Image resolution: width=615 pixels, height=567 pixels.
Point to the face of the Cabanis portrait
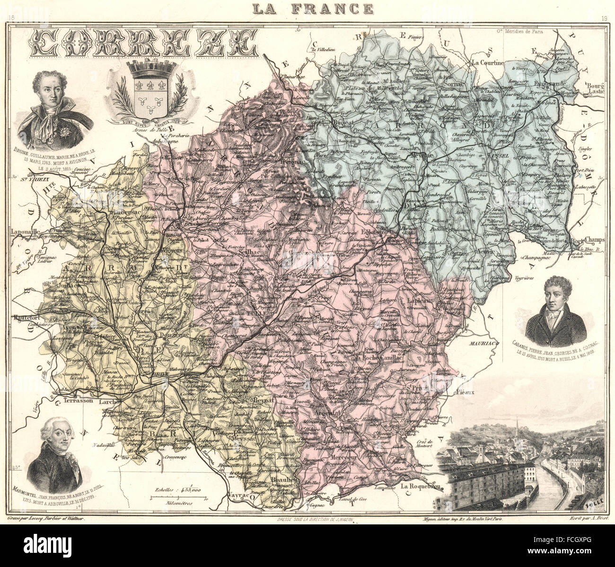pos(557,294)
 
